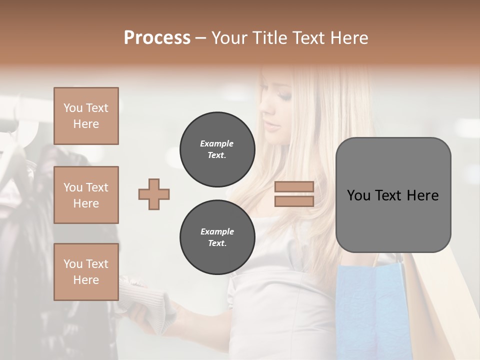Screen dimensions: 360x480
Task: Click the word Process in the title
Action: (157, 38)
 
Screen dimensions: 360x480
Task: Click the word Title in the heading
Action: (270, 38)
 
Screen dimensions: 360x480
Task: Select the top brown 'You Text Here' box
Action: (86, 116)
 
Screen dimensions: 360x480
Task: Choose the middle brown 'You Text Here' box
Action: (86, 195)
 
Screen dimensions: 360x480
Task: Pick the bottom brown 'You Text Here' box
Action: (86, 271)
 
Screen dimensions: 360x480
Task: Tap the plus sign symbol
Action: (154, 194)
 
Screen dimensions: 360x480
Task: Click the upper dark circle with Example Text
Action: (217, 149)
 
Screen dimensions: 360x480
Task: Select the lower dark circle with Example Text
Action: (217, 237)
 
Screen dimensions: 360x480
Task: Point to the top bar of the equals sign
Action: (294, 186)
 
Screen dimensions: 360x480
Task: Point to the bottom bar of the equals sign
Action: (294, 201)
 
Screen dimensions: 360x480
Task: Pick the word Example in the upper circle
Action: (217, 143)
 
